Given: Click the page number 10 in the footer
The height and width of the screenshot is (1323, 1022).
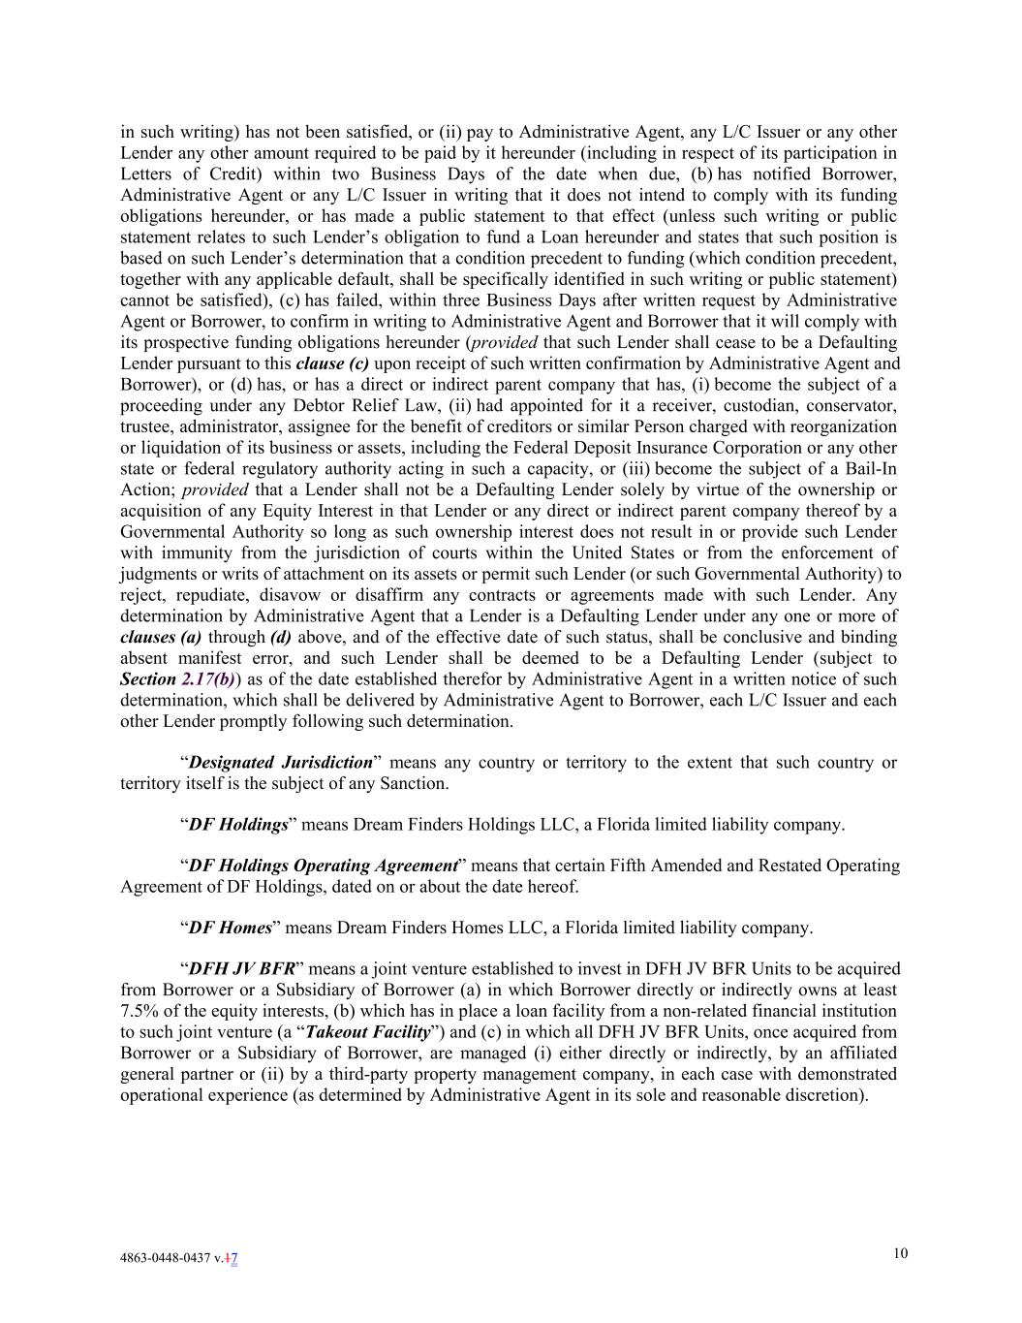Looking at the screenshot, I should [901, 1254].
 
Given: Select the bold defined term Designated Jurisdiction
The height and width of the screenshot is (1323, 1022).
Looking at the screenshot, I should [281, 763].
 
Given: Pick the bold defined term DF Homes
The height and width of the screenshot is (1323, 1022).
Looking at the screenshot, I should [230, 928].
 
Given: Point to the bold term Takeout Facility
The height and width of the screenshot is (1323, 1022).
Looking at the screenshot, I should [367, 1032].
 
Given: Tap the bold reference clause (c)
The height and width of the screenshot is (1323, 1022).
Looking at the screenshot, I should [332, 363].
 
